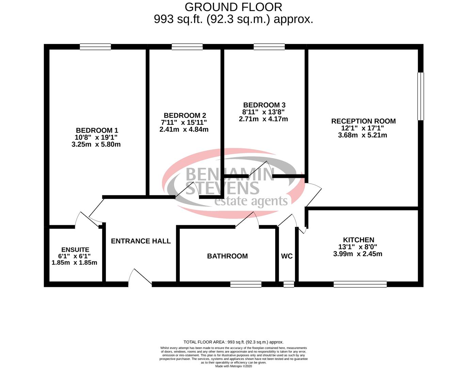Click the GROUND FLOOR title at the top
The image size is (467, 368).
coord(233,7)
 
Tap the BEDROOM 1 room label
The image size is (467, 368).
coord(97,130)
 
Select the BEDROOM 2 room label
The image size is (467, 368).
coord(185,116)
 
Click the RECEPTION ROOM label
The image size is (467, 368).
coord(363,121)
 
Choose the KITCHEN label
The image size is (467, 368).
coord(358,240)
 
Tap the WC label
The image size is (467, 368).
coord(286,256)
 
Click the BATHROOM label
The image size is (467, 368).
coord(227,256)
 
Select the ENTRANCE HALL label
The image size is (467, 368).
coord(141,241)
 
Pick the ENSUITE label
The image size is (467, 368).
coord(75,250)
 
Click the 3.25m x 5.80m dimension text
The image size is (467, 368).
coord(96,144)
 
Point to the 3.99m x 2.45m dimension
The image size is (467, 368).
coord(358,254)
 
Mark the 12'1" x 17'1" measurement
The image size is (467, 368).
coord(362,128)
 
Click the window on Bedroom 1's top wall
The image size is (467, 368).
coord(95,47)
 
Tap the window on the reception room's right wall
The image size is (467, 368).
coord(421,96)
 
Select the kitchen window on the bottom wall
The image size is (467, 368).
coord(360,284)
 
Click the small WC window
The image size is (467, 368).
coord(289,284)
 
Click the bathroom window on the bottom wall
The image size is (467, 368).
coord(246,284)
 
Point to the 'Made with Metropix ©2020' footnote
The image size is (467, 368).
coord(233,366)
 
